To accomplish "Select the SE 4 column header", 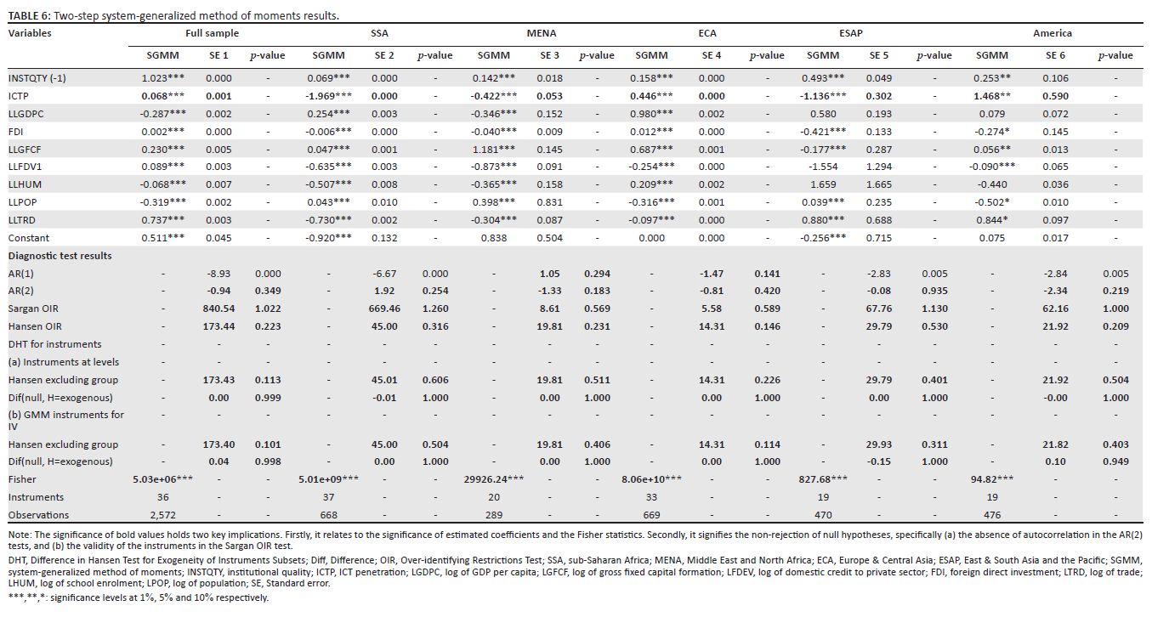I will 711,55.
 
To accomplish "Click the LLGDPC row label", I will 27,112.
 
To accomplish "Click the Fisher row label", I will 23,479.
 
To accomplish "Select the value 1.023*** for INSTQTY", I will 165,77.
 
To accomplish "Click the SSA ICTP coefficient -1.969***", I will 328,95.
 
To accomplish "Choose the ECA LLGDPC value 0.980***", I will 653,112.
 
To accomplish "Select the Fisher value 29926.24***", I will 495,479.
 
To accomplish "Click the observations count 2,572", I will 165,515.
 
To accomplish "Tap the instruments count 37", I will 328,497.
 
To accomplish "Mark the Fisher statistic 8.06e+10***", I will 653,479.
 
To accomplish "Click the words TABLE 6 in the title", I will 26,15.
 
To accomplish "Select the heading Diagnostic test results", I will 60,256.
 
